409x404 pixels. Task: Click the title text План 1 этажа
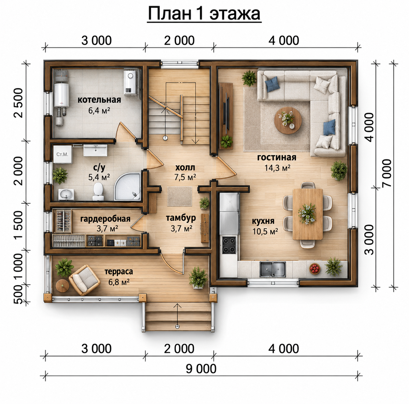pyautogui.click(x=204, y=14)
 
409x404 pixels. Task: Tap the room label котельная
pyautogui.click(x=99, y=100)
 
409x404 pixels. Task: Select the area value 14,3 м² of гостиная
pyautogui.click(x=277, y=168)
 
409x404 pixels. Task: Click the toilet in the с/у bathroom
pyautogui.click(x=98, y=192)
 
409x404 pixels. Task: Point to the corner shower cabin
pyautogui.click(x=128, y=186)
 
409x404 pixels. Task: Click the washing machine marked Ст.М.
pyautogui.click(x=63, y=154)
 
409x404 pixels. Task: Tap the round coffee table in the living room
pyautogui.click(x=287, y=120)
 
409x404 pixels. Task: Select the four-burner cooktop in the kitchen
pyautogui.click(x=229, y=245)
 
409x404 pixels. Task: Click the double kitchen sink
pyautogui.click(x=273, y=269)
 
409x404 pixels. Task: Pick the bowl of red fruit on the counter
pyautogui.click(x=315, y=269)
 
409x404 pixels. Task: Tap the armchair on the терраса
pyautogui.click(x=85, y=280)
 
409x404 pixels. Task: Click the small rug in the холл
pyautogui.click(x=180, y=196)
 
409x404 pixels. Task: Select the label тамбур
pyautogui.click(x=181, y=218)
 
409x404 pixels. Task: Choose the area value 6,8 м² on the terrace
pyautogui.click(x=119, y=282)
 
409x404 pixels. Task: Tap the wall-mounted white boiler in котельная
pyautogui.click(x=130, y=83)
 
